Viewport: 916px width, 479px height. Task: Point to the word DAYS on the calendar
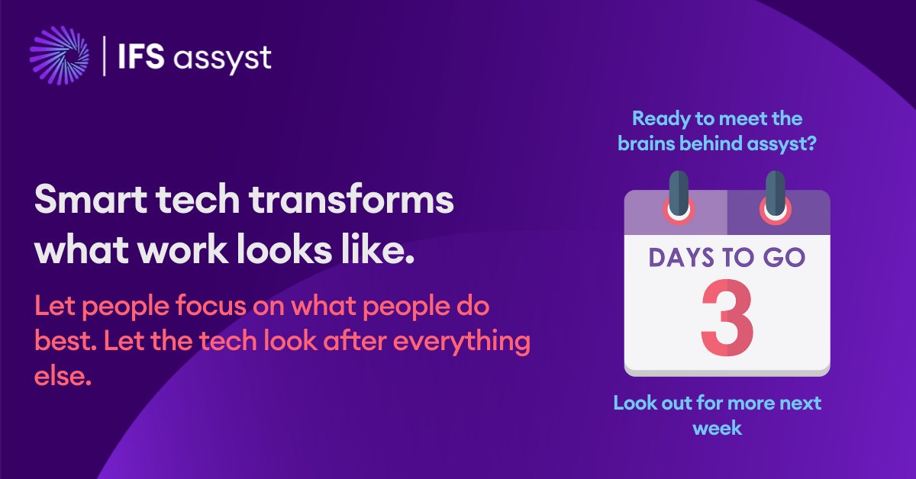(680, 257)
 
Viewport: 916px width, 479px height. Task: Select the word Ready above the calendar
(659, 120)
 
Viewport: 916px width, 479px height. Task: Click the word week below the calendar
(717, 429)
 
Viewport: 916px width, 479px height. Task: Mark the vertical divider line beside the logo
(105, 56)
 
